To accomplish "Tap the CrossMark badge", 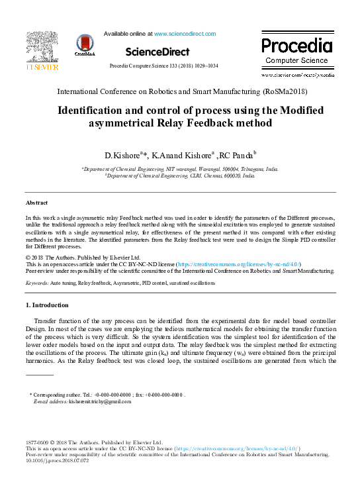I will pyautogui.click(x=85, y=46).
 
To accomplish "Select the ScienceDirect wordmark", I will pyautogui.click(x=157, y=52).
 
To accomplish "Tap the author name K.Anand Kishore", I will pyautogui.click(x=181, y=156).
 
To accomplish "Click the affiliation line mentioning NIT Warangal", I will pyautogui.click(x=179, y=170).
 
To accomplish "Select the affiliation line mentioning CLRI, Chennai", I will pyautogui.click(x=179, y=177).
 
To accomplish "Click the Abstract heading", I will pyautogui.click(x=36, y=202).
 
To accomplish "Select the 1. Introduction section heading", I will pyautogui.click(x=46, y=305).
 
